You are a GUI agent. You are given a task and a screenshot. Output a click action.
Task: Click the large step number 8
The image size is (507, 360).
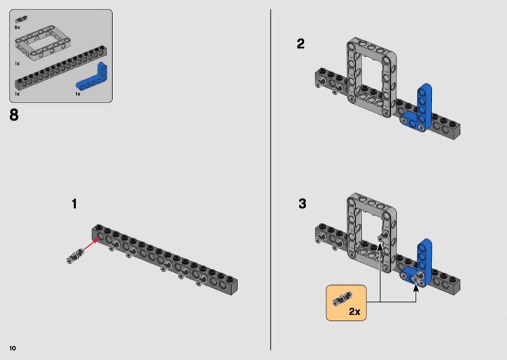[x=14, y=115]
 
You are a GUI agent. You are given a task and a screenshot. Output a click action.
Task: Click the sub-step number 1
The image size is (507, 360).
[x=74, y=204]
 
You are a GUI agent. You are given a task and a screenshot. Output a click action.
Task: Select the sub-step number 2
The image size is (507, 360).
[x=301, y=44]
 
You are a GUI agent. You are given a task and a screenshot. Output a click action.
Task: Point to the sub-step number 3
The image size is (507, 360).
[x=302, y=203]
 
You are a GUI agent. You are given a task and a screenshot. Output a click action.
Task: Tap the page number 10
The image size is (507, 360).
[x=13, y=348]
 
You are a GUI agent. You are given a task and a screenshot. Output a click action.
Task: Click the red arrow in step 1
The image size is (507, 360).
[x=91, y=245]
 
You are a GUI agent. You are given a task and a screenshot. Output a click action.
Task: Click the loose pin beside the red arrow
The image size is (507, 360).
[x=74, y=256]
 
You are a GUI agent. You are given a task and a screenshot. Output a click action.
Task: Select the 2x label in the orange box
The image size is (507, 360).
[x=354, y=311]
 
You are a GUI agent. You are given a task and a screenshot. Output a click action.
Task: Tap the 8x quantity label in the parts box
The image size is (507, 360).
[x=17, y=28]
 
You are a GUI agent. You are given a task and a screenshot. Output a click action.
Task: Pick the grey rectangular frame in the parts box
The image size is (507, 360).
[x=43, y=41]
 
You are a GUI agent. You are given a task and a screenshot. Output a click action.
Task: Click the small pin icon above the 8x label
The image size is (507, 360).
[x=22, y=19]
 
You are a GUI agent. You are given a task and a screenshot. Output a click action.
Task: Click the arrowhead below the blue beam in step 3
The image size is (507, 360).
[x=416, y=287]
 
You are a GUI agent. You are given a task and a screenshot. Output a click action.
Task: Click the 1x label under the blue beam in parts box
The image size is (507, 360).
[x=78, y=94]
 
